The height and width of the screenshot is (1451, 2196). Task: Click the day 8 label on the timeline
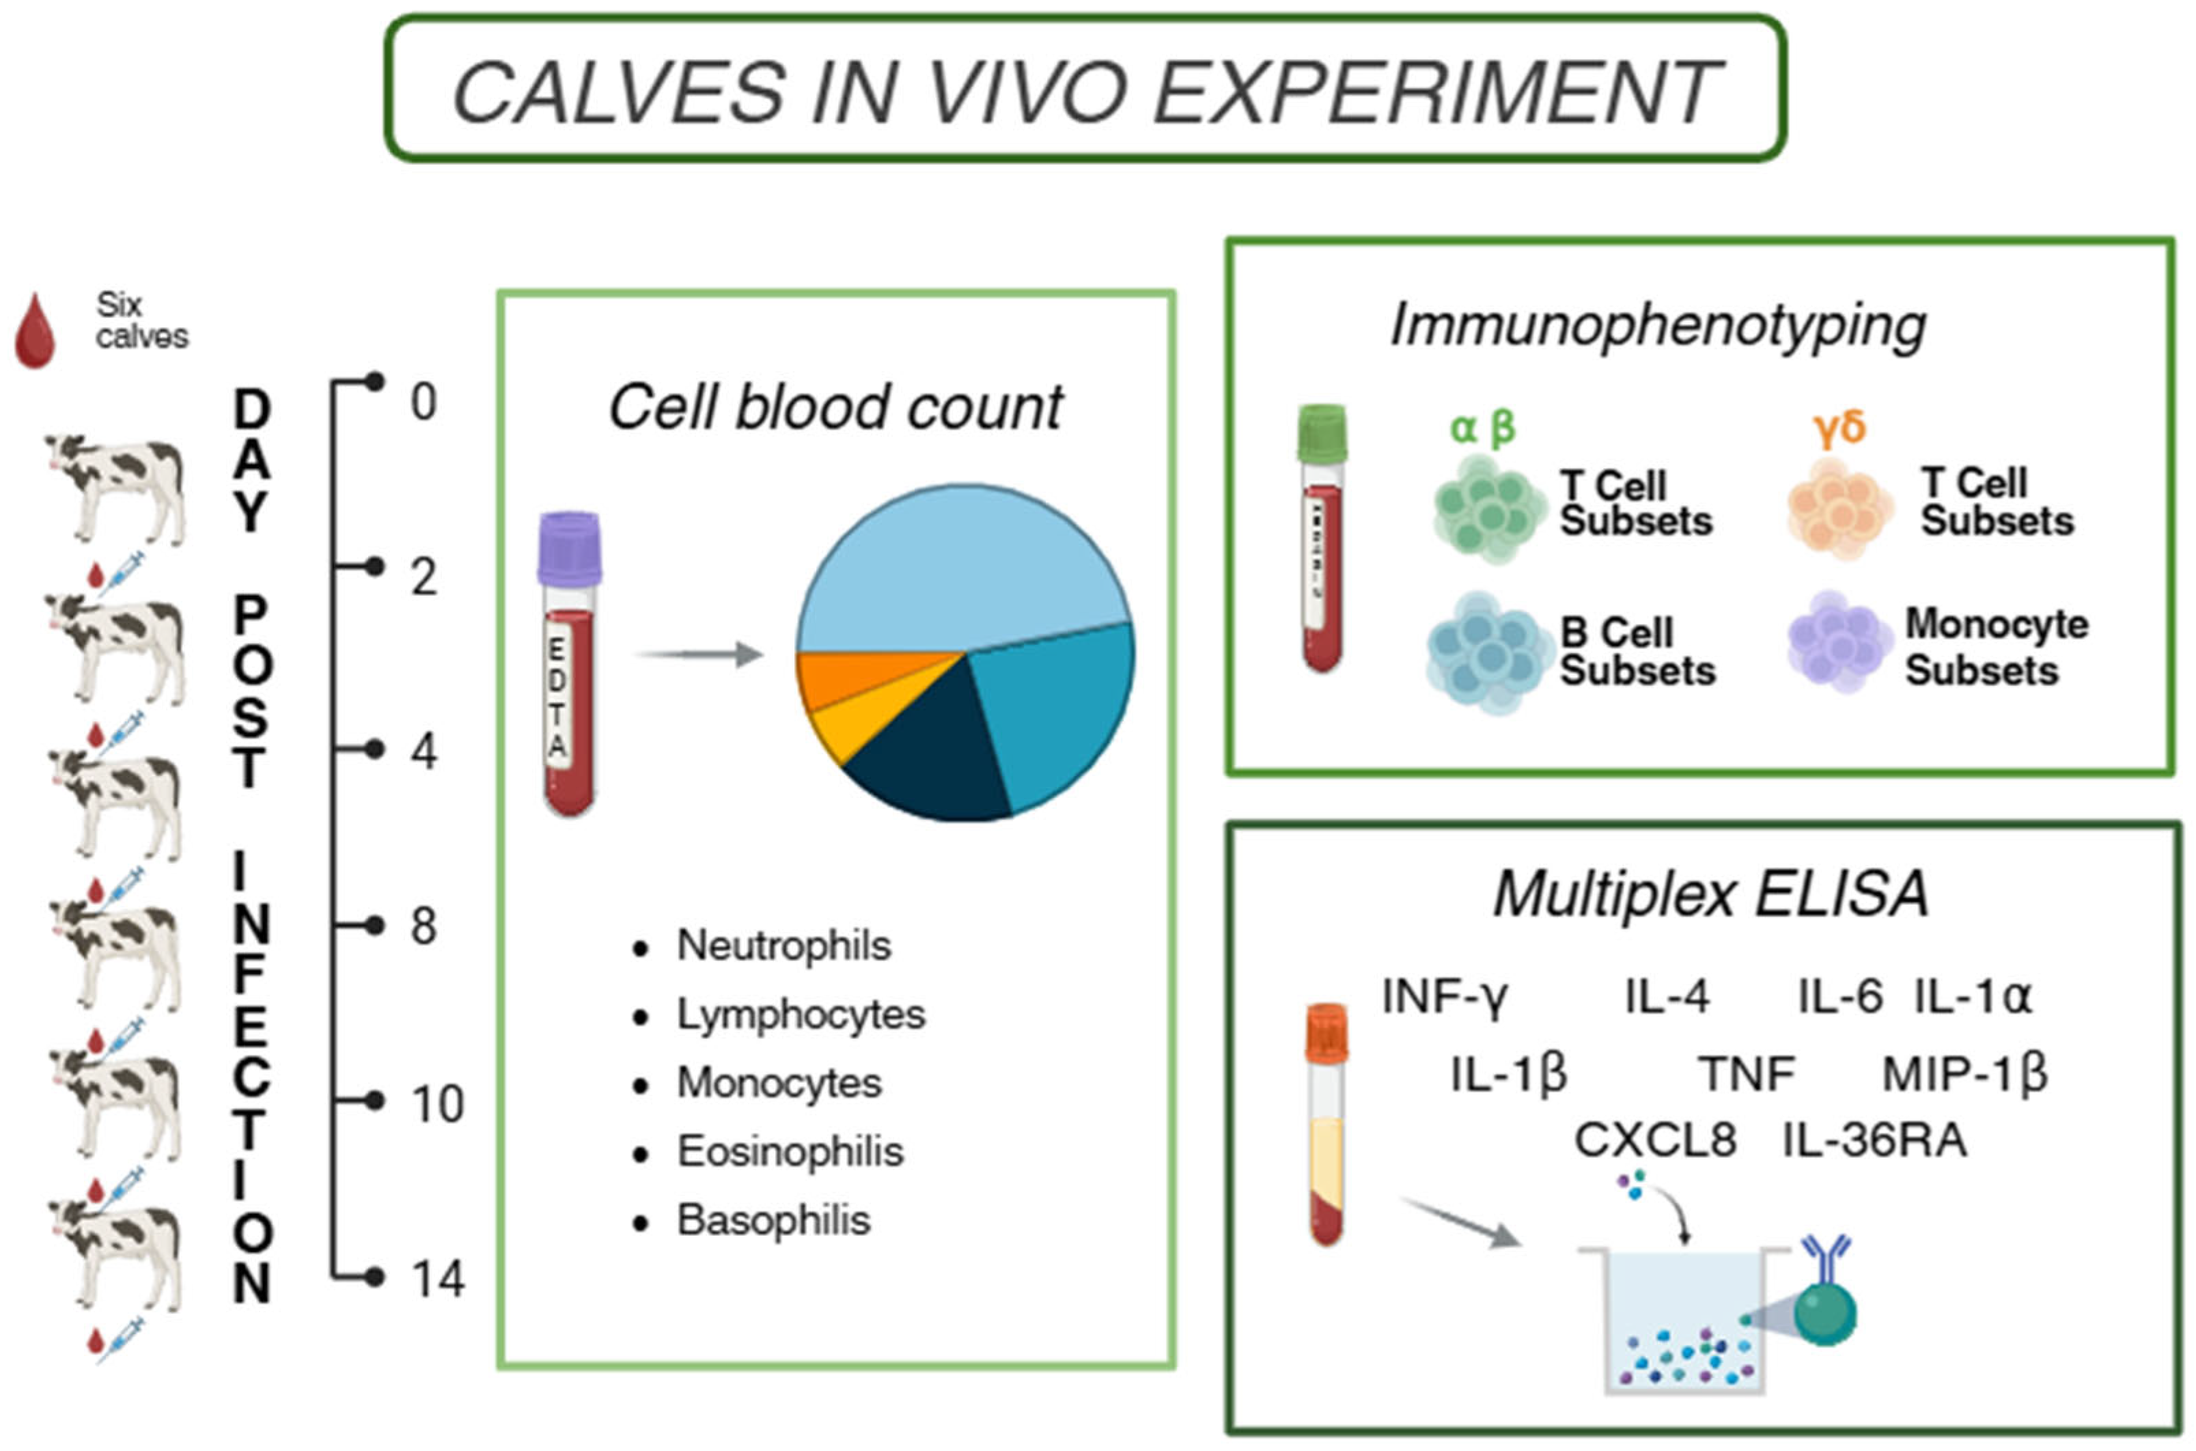423,926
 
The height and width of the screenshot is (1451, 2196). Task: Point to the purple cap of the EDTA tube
570,548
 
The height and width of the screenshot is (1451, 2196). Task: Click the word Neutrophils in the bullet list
783,945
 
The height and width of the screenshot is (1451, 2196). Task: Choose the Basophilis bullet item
773,1221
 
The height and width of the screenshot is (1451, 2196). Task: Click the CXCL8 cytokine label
1655,1140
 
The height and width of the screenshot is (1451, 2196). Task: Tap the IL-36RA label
1875,1140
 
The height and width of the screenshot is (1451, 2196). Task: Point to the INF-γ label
1445,997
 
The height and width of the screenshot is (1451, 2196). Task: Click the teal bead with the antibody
1825,1312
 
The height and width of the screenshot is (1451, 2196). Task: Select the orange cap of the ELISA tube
1326,1032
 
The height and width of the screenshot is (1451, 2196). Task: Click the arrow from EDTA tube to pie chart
698,654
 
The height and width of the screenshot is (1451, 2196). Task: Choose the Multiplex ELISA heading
1710,894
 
